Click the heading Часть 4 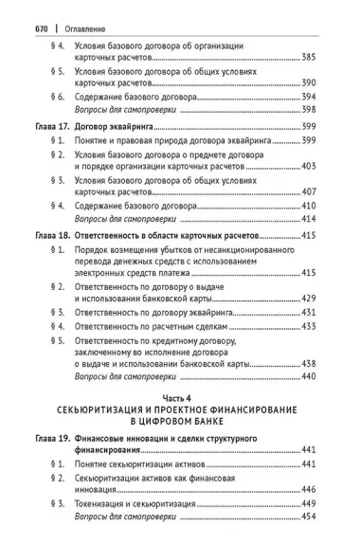pyautogui.click(x=181, y=398)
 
